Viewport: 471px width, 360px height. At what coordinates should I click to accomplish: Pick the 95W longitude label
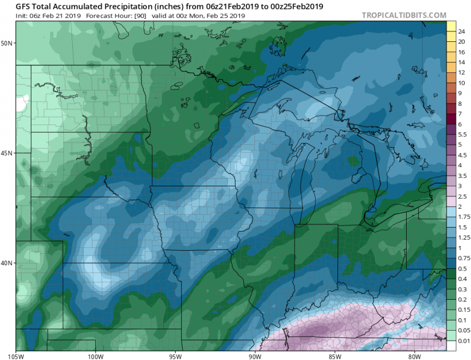pos(175,356)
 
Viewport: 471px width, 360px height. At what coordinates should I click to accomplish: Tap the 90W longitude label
pos(255,356)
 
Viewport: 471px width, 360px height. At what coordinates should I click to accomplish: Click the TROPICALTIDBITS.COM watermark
pos(403,16)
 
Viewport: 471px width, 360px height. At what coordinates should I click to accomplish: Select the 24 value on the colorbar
pos(461,31)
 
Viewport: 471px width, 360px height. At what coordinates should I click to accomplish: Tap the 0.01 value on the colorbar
pos(463,341)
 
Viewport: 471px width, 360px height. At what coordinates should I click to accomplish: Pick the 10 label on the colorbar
pos(461,83)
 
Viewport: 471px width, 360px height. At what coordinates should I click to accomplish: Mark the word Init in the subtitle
pos(21,16)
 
